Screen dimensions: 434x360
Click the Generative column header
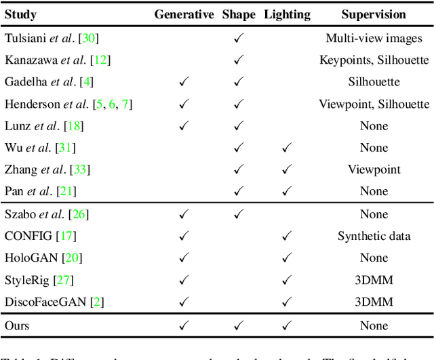coord(184,14)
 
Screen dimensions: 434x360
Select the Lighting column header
coord(287,14)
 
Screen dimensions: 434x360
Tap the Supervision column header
coord(374,14)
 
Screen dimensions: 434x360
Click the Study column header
coord(20,14)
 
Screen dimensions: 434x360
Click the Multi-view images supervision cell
coord(374,39)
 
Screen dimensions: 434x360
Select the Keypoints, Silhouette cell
coord(374,60)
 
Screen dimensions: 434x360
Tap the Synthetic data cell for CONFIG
coord(374,236)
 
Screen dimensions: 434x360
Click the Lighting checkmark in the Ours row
coord(287,326)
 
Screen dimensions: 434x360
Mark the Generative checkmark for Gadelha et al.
coord(184,82)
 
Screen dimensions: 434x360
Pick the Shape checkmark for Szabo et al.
coord(238,214)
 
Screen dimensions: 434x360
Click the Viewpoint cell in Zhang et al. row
coord(374,169)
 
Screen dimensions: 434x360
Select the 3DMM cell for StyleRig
coord(374,279)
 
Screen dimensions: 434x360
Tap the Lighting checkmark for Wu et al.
coord(287,148)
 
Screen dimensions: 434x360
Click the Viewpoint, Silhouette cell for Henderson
coord(374,104)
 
